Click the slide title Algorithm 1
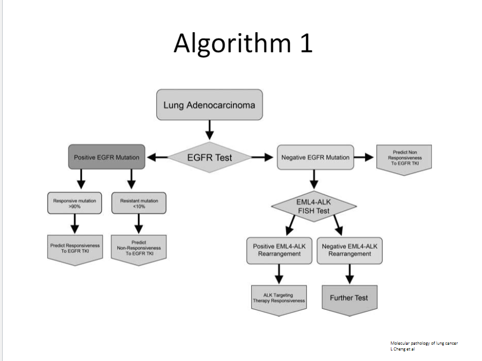coord(243,43)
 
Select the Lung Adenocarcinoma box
coord(209,105)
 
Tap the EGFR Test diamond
coord(209,157)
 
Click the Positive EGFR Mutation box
coord(106,157)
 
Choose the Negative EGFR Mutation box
coord(315,157)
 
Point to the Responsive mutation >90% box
coord(74,203)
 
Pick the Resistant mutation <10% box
coord(139,203)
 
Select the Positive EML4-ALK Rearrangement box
coord(279,250)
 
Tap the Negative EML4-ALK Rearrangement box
coord(349,250)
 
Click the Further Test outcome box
coord(349,299)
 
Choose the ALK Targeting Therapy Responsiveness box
coord(279,299)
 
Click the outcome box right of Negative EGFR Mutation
coord(405,158)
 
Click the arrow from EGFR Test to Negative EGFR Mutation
coord(262,157)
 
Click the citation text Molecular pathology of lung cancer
coord(424,343)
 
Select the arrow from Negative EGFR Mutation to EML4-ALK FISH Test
coord(314,179)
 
